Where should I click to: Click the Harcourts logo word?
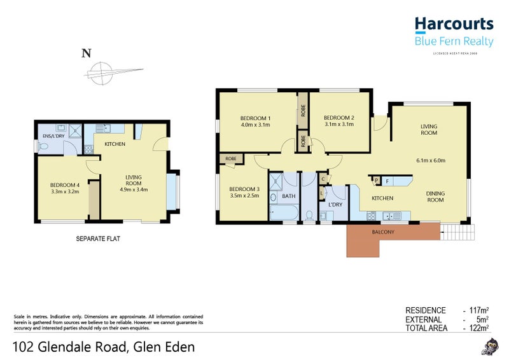[x=454, y=24]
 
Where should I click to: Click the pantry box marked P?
[x=377, y=180]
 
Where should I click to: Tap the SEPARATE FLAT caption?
[x=98, y=239]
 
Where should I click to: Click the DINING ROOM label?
[x=435, y=196]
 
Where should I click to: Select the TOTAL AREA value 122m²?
[x=478, y=328]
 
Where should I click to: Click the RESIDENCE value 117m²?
[x=478, y=310]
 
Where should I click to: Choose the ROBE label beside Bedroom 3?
[x=230, y=158]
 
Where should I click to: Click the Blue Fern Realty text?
[x=454, y=41]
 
